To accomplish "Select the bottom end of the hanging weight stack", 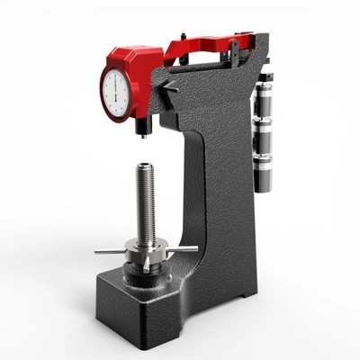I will (264, 185).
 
